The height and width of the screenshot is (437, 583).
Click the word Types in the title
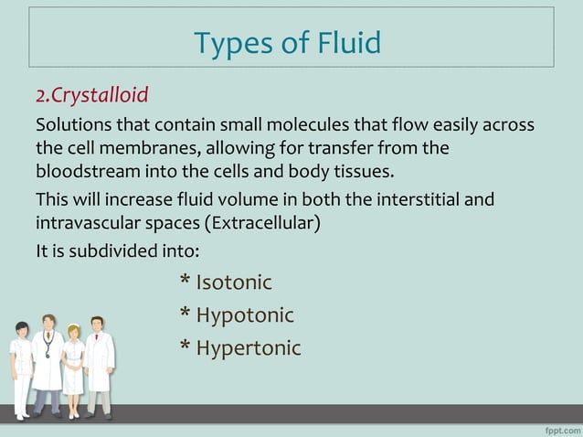227,42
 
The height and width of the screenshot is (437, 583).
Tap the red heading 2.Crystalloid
91,95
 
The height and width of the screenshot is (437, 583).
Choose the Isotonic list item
234,283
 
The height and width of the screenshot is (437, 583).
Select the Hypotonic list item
245,315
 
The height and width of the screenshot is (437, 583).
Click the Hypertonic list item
249,348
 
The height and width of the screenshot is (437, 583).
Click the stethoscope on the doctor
48,348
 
